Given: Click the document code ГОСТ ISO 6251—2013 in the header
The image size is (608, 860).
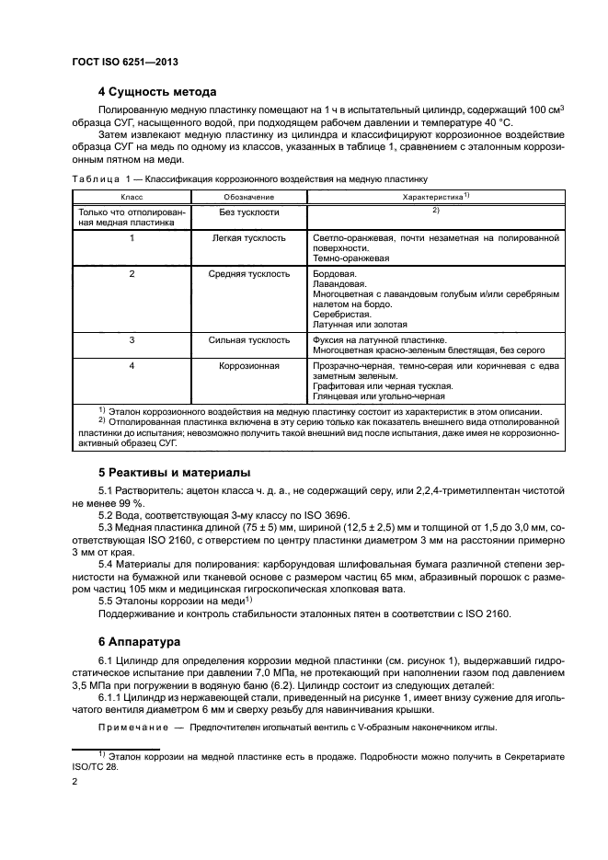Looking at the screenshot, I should point(123,62).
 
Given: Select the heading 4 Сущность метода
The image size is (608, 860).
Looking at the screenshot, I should point(157,92).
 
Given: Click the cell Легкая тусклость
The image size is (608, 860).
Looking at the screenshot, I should point(248,238).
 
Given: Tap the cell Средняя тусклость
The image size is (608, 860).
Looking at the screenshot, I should point(248,274).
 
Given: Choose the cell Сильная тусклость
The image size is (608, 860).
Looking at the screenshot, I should point(248,340).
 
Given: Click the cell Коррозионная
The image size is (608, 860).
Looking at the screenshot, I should point(248,366).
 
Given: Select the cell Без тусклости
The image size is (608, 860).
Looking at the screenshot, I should point(248,212).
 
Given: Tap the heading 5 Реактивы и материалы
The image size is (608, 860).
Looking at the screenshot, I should point(174,473).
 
